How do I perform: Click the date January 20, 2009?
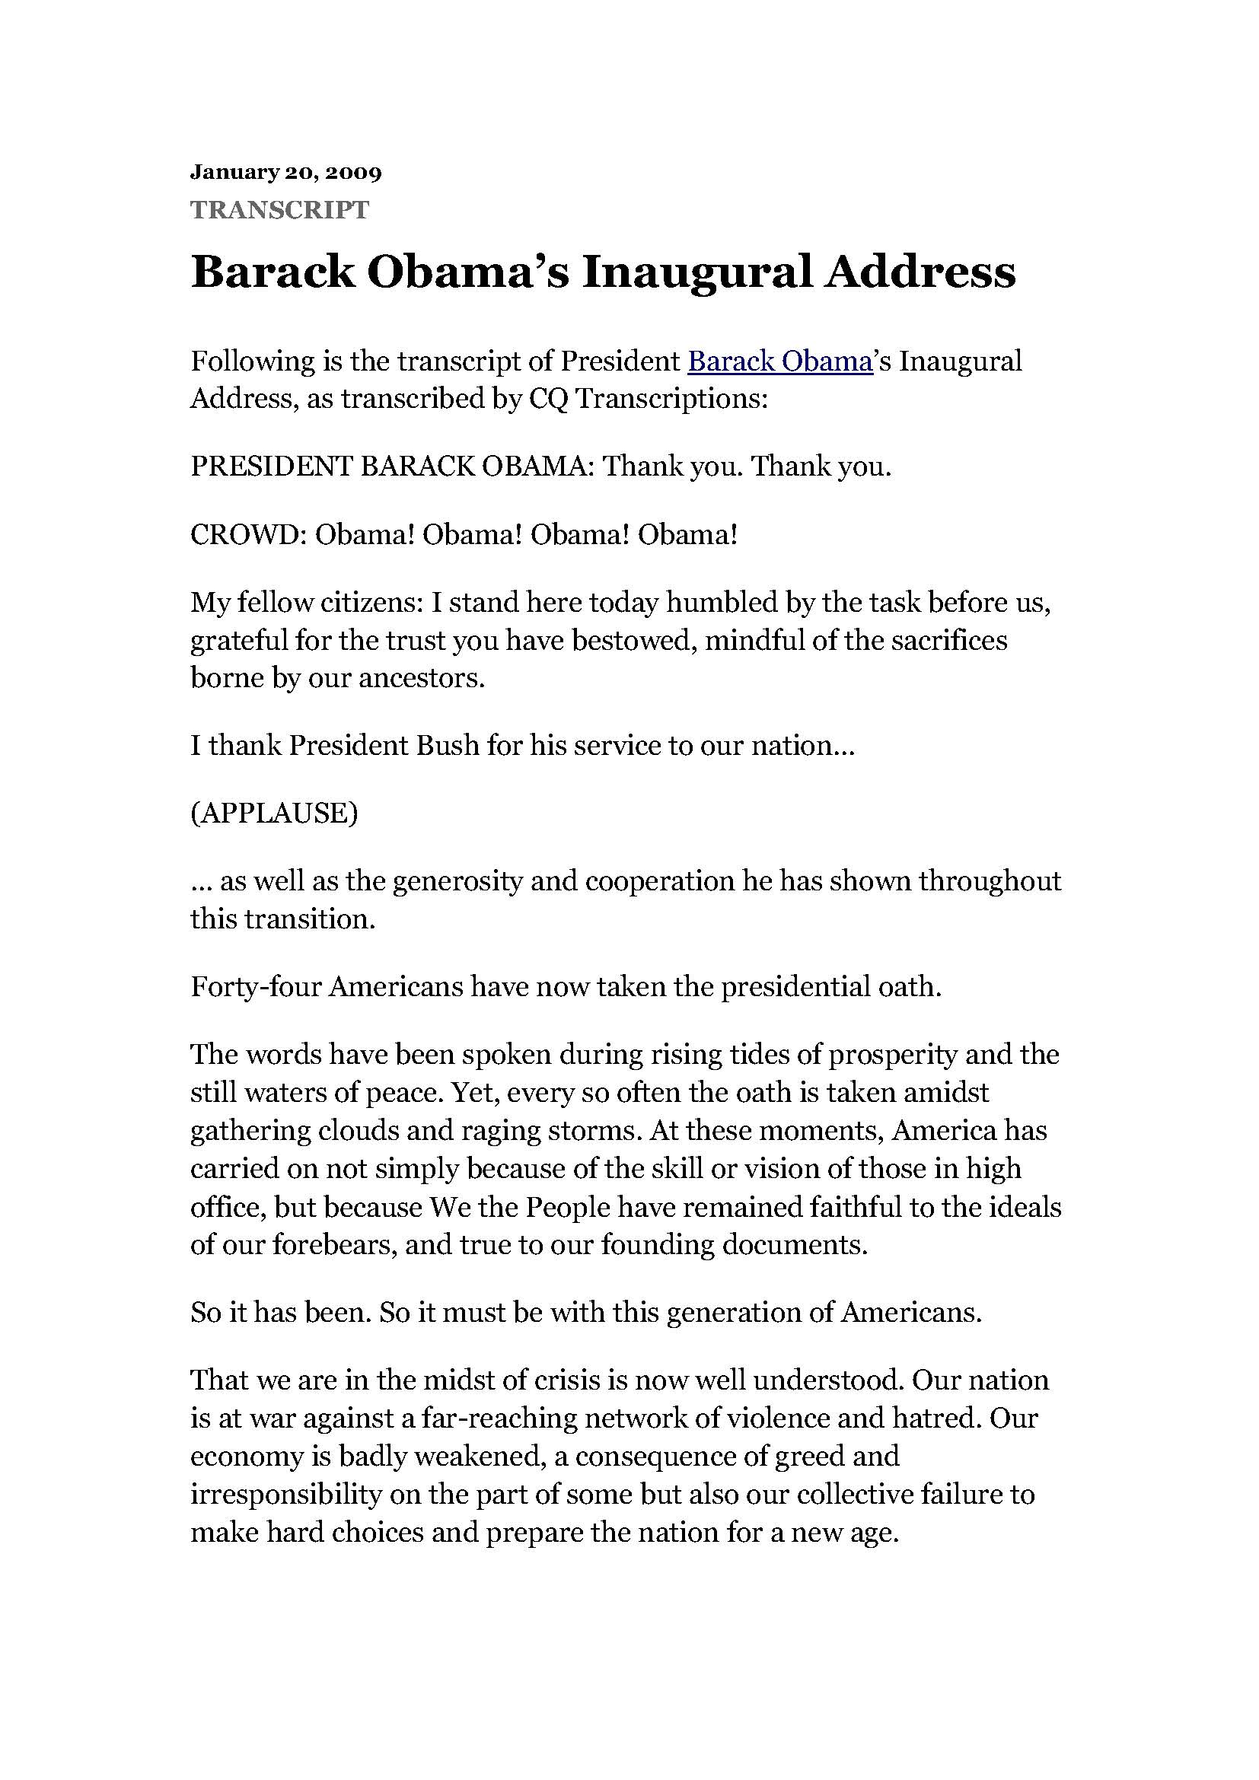(x=286, y=171)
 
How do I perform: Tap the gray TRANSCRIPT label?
(x=280, y=209)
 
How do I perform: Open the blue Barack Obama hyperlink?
(x=781, y=361)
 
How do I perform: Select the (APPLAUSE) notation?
(x=275, y=814)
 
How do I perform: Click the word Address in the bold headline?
(x=920, y=272)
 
